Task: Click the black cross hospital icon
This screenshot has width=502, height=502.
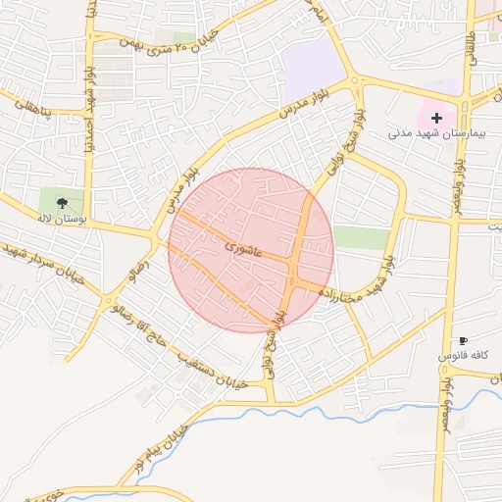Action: point(437,118)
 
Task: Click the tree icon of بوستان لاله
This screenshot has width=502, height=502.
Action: point(63,202)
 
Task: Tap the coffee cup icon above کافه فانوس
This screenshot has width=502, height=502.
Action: point(464,339)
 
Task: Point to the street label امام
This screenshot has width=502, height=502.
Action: point(320,14)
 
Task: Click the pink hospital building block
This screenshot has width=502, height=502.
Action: point(441,103)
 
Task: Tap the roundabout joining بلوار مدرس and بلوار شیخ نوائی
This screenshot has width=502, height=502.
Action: point(355,82)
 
